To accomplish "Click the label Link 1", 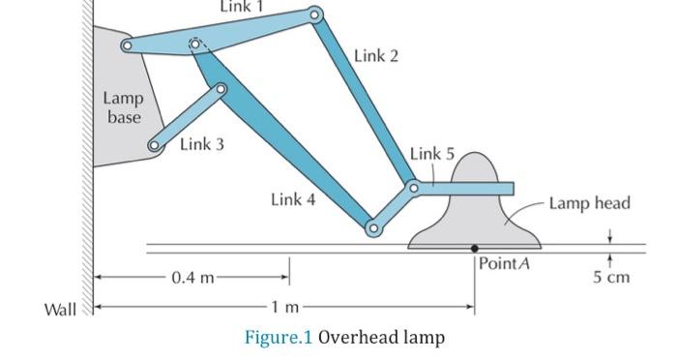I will pyautogui.click(x=242, y=7).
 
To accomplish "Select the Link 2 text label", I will pyautogui.click(x=375, y=55).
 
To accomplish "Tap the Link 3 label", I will pyautogui.click(x=201, y=144).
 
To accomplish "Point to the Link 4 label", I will pyautogui.click(x=293, y=200).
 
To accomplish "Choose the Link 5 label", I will pyautogui.click(x=431, y=154).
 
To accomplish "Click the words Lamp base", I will pyautogui.click(x=123, y=107).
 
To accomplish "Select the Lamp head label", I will pyautogui.click(x=589, y=203).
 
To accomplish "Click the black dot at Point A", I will pyautogui.click(x=474, y=249).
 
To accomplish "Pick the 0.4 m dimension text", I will pyautogui.click(x=193, y=279).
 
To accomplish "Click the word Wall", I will pyautogui.click(x=60, y=310).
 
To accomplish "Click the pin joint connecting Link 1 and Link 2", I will pyautogui.click(x=314, y=15).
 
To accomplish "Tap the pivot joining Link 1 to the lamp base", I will pyautogui.click(x=126, y=45).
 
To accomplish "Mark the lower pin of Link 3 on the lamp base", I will pyautogui.click(x=153, y=145).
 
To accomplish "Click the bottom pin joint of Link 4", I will pyautogui.click(x=372, y=228).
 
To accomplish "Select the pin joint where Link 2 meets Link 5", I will pyautogui.click(x=413, y=186).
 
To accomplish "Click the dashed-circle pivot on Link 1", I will pyautogui.click(x=195, y=45).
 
